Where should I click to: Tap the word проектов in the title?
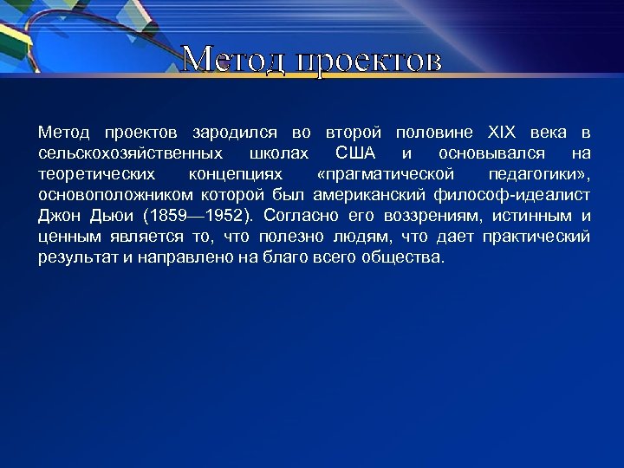(x=369, y=62)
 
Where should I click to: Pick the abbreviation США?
(x=355, y=153)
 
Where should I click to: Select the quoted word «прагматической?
(x=386, y=174)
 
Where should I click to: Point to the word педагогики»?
(x=539, y=174)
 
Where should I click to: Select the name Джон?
(x=58, y=216)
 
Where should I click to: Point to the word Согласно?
(x=299, y=216)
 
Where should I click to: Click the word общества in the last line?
(x=403, y=257)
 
